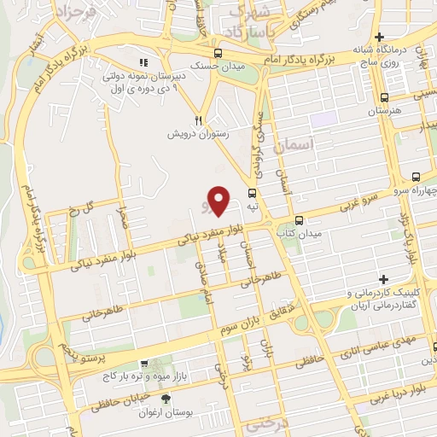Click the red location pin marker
click(x=219, y=201)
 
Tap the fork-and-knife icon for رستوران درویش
click(x=198, y=120)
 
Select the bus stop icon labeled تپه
click(x=252, y=193)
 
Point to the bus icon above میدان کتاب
click(x=283, y=218)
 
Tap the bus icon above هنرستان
click(x=383, y=96)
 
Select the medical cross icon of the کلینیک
click(x=383, y=279)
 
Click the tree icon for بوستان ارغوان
click(x=166, y=399)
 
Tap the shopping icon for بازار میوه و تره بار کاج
click(x=144, y=362)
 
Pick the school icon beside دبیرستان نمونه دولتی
click(x=143, y=61)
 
